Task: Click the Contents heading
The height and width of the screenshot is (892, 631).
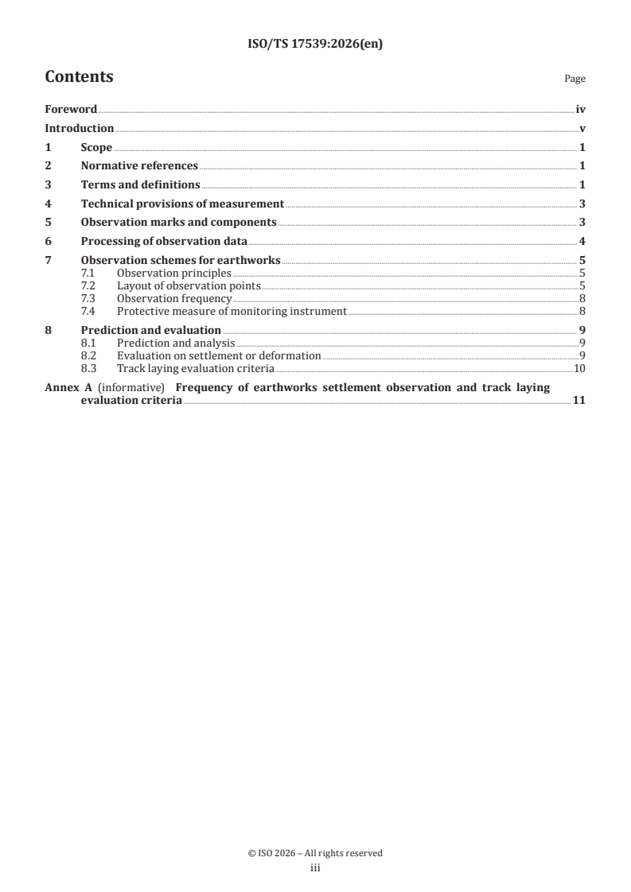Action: (x=79, y=77)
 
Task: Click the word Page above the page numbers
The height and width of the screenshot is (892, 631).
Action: (x=575, y=80)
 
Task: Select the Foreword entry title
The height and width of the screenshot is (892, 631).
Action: (x=71, y=110)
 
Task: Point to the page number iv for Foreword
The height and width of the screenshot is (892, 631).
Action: (x=581, y=110)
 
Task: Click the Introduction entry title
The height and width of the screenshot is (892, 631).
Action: (x=79, y=129)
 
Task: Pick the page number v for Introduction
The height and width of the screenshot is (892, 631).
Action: (x=582, y=129)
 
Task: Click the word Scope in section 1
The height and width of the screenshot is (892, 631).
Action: (x=96, y=148)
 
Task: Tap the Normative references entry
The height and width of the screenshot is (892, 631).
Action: (x=139, y=166)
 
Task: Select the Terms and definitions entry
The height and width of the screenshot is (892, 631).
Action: (x=140, y=185)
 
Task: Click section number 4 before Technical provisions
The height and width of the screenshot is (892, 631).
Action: (x=49, y=204)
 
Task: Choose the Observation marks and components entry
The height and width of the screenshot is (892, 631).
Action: (x=178, y=223)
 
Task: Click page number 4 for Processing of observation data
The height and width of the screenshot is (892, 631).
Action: (x=582, y=242)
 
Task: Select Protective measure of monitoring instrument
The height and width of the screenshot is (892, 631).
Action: (x=232, y=312)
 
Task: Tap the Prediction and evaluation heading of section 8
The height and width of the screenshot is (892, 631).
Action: (x=151, y=330)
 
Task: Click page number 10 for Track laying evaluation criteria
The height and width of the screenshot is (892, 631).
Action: (x=580, y=369)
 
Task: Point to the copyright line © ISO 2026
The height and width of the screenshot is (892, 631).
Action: (x=315, y=853)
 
